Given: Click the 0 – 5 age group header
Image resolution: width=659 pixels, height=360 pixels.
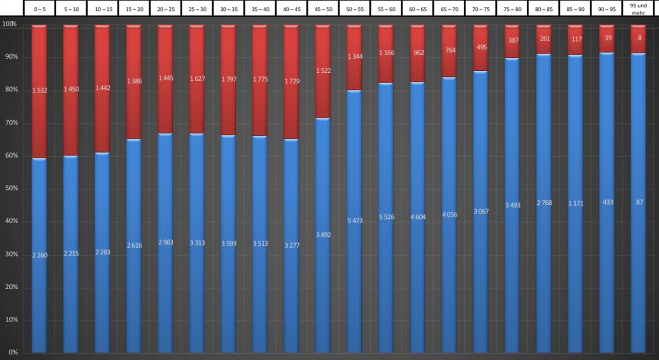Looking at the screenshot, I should pyautogui.click(x=40, y=9).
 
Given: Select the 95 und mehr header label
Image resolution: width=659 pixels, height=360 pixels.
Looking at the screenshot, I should pyautogui.click(x=638, y=9).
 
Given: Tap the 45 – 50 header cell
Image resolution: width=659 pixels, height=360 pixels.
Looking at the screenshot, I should pyautogui.click(x=323, y=9).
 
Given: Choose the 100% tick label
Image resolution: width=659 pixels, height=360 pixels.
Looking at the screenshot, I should pyautogui.click(x=9, y=24).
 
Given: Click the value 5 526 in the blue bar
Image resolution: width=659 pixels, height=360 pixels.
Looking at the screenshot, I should pyautogui.click(x=386, y=216).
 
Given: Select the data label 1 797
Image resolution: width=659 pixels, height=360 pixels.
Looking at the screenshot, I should pyautogui.click(x=229, y=79).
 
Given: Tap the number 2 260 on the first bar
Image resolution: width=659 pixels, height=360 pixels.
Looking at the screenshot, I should pyautogui.click(x=40, y=255).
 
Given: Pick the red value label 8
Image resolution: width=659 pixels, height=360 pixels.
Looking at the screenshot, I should pyautogui.click(x=638, y=37).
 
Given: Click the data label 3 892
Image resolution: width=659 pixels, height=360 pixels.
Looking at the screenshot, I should pyautogui.click(x=323, y=235).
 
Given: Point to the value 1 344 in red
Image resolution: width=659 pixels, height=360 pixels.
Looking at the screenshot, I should pyautogui.click(x=354, y=56).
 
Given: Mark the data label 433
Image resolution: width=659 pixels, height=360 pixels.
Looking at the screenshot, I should pyautogui.click(x=606, y=202).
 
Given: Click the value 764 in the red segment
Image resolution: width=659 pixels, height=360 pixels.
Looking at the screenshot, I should pyautogui.click(x=449, y=50).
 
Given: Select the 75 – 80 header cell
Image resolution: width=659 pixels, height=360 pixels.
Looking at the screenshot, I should pyautogui.click(x=512, y=9).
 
